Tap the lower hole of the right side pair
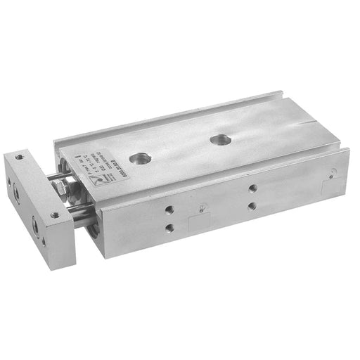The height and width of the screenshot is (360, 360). [252, 205]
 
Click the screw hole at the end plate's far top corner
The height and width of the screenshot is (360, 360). [20, 155]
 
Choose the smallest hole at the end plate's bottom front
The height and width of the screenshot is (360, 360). [43, 240]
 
